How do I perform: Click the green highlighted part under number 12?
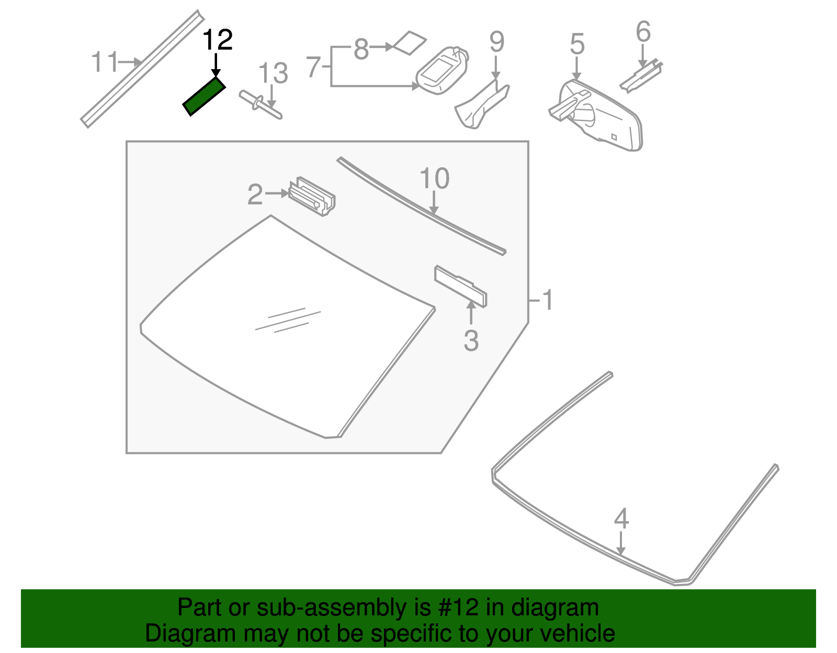click(204, 97)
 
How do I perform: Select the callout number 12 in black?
click(217, 40)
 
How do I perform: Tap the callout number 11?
click(105, 62)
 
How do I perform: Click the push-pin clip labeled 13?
click(260, 105)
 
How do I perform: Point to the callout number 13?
click(273, 73)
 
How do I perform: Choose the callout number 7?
click(313, 67)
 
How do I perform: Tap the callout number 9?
click(496, 42)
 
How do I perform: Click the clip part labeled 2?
click(312, 197)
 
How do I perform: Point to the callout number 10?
click(434, 179)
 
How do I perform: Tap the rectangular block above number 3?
click(460, 286)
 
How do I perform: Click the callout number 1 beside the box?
click(547, 300)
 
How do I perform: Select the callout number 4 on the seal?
click(621, 519)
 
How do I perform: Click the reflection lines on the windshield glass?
click(288, 320)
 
